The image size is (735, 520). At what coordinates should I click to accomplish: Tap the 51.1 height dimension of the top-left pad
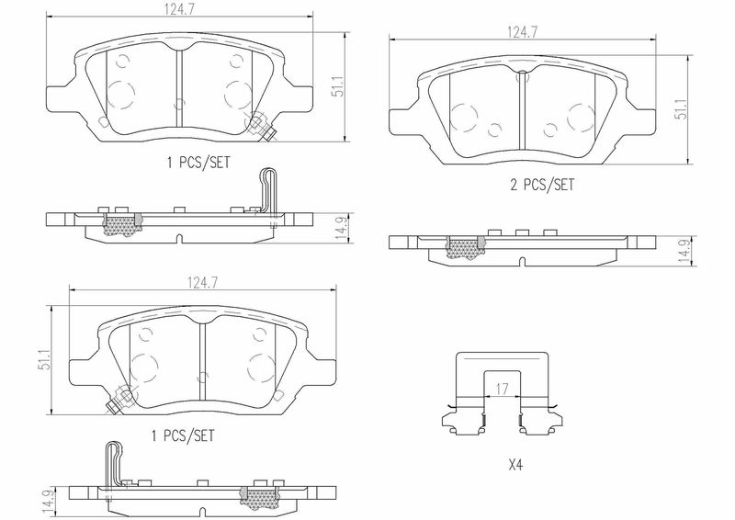(x=337, y=86)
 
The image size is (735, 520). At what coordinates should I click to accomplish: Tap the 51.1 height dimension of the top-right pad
(x=681, y=108)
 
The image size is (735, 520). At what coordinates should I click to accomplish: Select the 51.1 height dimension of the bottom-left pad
(x=44, y=359)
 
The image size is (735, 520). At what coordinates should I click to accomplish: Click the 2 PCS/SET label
(x=542, y=185)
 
